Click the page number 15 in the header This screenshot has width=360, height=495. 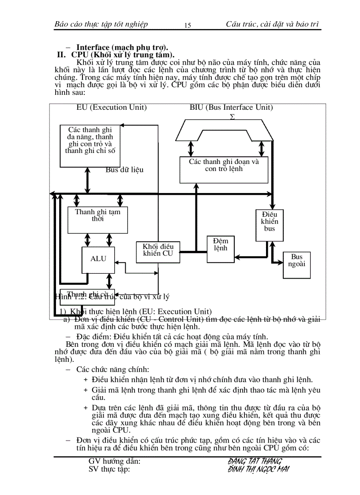(187, 26)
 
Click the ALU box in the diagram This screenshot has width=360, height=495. (98, 260)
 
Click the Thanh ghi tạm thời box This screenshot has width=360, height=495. (97, 220)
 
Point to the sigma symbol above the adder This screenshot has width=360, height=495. (232, 117)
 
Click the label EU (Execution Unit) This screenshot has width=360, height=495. (112, 107)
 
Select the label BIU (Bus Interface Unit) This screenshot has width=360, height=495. (231, 107)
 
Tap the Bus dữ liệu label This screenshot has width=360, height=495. (124, 169)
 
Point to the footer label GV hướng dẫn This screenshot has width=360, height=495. (115, 461)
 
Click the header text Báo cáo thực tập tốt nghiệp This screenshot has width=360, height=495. (101, 24)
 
